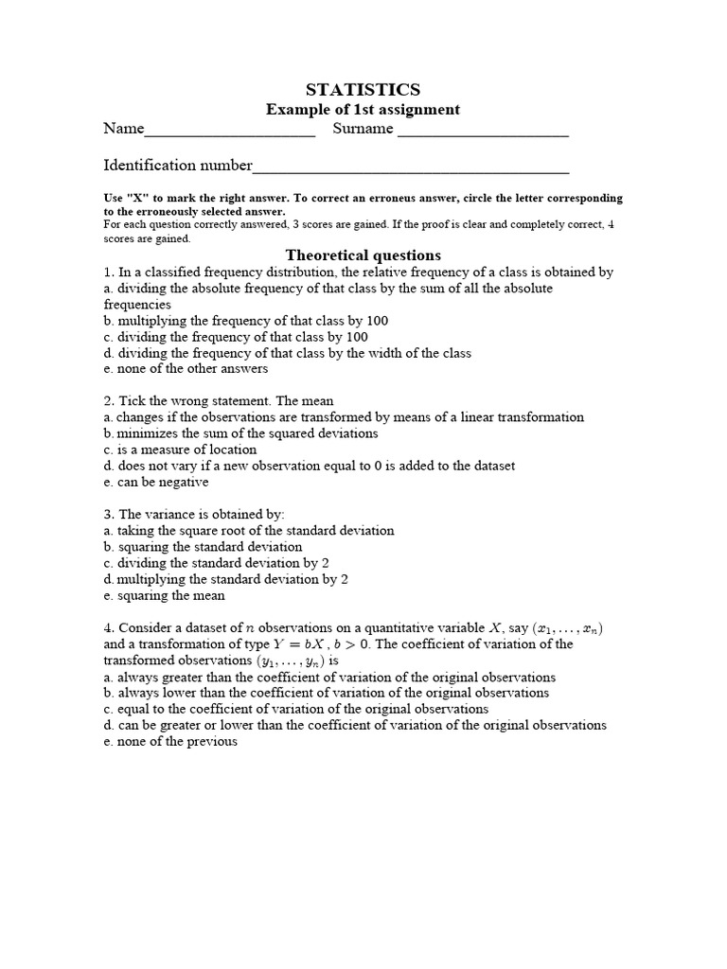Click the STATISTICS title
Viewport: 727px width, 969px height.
(363, 90)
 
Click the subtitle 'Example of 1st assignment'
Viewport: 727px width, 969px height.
(363, 110)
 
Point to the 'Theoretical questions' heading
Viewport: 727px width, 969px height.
(363, 255)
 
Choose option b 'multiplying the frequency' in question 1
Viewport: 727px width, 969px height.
(246, 321)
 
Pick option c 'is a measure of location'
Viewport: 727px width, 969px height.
(180, 449)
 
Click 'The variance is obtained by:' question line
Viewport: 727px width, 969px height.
(194, 515)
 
